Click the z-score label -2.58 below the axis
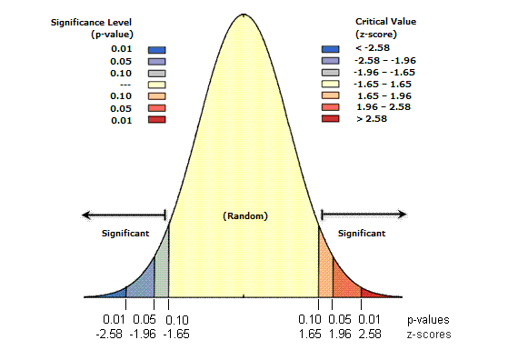[x=113, y=335]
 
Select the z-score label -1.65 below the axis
[x=178, y=335]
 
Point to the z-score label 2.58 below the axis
[x=370, y=335]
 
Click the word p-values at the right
[x=429, y=320]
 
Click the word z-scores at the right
[x=429, y=335]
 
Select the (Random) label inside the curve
[x=243, y=215]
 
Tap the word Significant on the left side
[x=125, y=234]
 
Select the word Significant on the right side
[x=361, y=234]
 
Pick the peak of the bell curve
[x=243, y=15]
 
